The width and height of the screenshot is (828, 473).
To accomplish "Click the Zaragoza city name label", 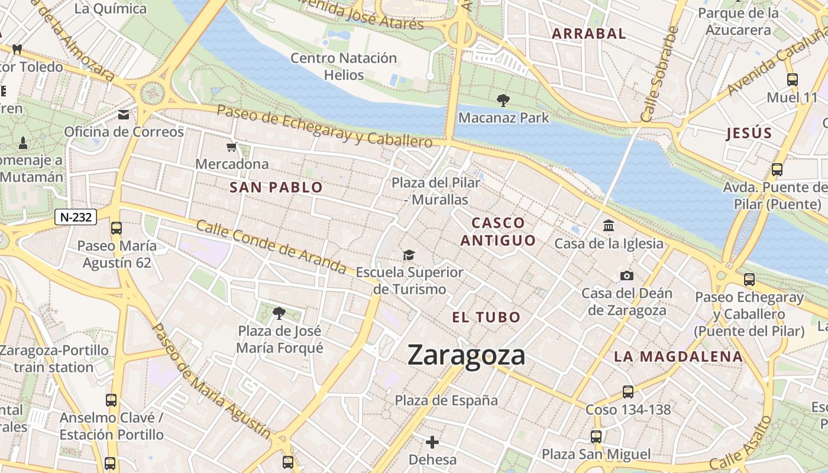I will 466,355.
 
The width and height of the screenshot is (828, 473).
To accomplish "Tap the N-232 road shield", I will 76,217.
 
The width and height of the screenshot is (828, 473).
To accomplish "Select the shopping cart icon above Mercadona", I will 232,147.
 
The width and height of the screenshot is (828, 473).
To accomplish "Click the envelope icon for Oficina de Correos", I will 124,115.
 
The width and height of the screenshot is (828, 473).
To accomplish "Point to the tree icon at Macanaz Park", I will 503,101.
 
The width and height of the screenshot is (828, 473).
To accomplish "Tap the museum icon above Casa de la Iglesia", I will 609,226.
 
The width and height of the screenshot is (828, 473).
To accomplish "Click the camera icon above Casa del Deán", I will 626,276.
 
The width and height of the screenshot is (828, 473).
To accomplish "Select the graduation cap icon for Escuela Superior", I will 409,255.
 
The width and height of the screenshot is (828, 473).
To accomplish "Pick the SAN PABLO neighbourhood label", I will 276,188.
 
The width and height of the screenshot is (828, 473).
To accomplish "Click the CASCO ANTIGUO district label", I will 498,232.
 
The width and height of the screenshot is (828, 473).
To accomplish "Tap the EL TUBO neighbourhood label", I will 486,318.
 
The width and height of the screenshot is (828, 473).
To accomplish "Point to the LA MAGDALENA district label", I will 678,357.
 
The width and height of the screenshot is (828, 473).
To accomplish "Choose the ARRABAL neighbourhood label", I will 588,34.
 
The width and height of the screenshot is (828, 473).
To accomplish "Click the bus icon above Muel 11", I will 792,80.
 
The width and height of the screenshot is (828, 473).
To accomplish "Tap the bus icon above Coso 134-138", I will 628,391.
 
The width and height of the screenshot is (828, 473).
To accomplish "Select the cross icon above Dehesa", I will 432,442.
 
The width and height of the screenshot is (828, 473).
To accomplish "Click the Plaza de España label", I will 447,400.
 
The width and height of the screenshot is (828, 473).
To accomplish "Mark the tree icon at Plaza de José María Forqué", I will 279,313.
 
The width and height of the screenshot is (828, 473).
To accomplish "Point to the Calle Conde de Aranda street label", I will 270,247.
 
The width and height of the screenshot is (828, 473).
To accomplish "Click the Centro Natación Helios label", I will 344,66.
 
